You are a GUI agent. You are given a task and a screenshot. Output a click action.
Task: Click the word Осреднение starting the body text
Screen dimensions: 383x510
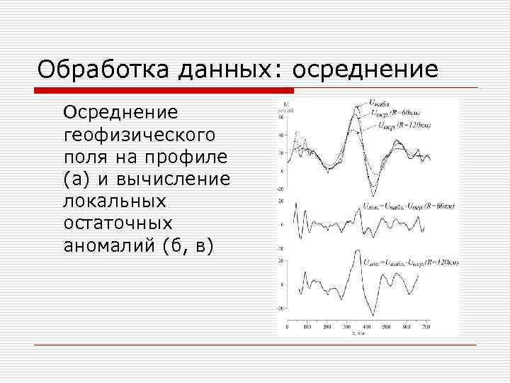click(121, 113)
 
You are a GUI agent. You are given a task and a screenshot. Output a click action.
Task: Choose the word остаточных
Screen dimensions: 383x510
click(118, 223)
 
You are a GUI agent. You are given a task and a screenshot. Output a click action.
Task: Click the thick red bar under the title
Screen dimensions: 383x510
click(163, 90)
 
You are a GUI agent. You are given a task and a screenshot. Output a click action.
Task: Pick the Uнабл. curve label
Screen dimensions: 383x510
click(378, 104)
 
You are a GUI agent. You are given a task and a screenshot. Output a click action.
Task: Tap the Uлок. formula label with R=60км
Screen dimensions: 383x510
click(409, 205)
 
